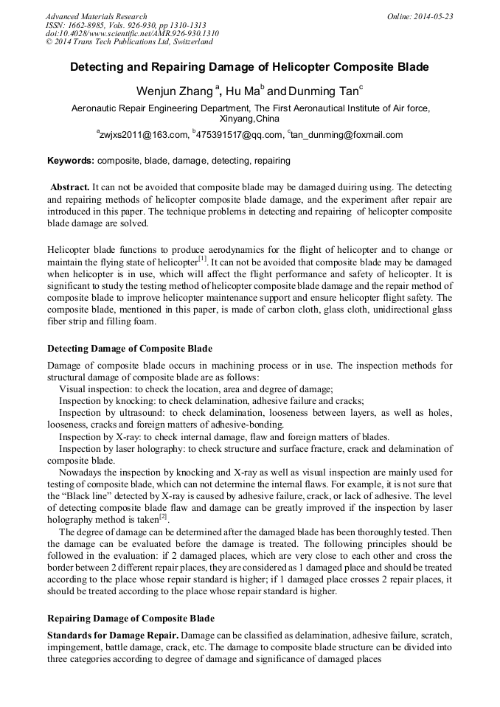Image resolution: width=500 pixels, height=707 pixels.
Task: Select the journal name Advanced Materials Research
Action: pyautogui.click(x=96, y=15)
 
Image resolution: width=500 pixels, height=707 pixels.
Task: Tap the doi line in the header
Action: pyautogui.click(x=132, y=33)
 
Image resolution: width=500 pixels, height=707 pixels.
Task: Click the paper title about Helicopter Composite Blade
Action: pyautogui.click(x=249, y=67)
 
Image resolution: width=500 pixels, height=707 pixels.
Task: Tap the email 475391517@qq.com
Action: pyautogui.click(x=238, y=135)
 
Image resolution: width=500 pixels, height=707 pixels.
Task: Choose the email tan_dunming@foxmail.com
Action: pyautogui.click(x=346, y=135)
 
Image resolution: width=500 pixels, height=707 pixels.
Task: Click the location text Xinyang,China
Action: pyautogui.click(x=249, y=118)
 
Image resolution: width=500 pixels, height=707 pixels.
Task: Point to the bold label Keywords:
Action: pyautogui.click(x=71, y=160)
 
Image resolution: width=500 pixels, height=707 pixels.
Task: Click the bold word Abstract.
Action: pyautogui.click(x=71, y=187)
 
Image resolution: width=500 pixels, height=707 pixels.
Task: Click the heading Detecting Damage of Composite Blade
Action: pyautogui.click(x=129, y=348)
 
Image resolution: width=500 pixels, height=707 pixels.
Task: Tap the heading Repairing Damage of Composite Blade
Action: pyautogui.click(x=131, y=618)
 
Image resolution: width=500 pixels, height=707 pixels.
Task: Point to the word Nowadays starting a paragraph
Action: pyautogui.click(x=81, y=472)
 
